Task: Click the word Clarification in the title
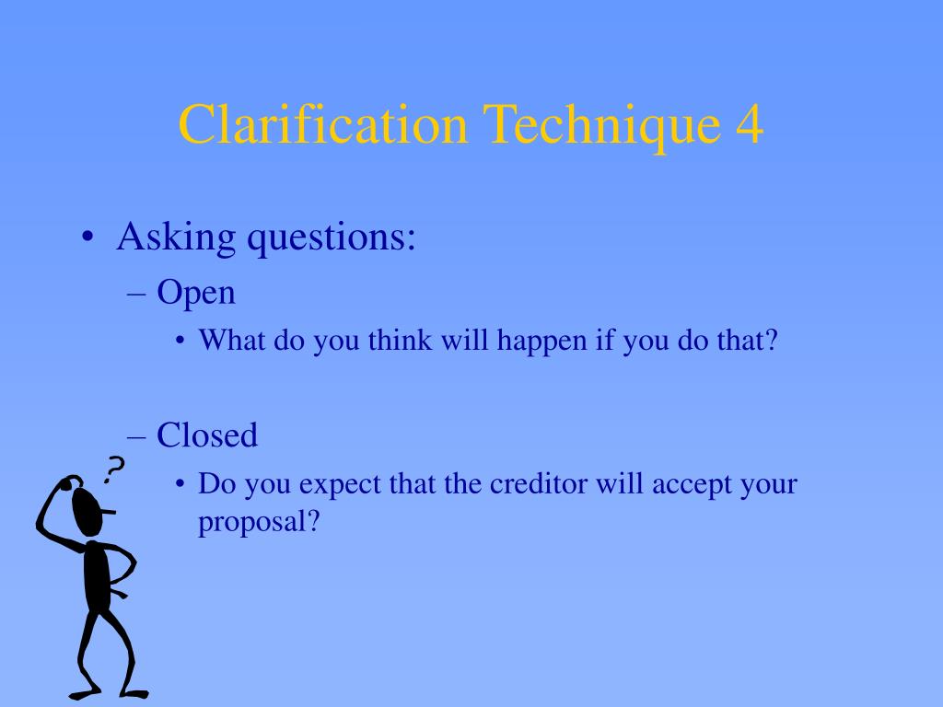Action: (322, 125)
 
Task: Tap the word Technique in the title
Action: (599, 125)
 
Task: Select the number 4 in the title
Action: (750, 125)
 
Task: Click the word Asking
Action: (176, 238)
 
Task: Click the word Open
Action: (196, 294)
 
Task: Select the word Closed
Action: (207, 435)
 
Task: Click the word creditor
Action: (540, 483)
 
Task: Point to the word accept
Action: (690, 485)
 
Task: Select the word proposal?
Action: (259, 523)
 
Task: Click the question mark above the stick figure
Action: (114, 469)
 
